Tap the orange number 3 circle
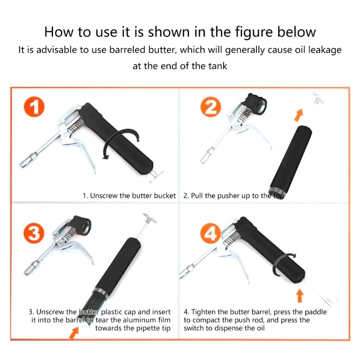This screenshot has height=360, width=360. pos(33,234)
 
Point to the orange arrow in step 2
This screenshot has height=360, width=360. pos(297,115)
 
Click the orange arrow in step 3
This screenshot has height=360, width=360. pos(73,332)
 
